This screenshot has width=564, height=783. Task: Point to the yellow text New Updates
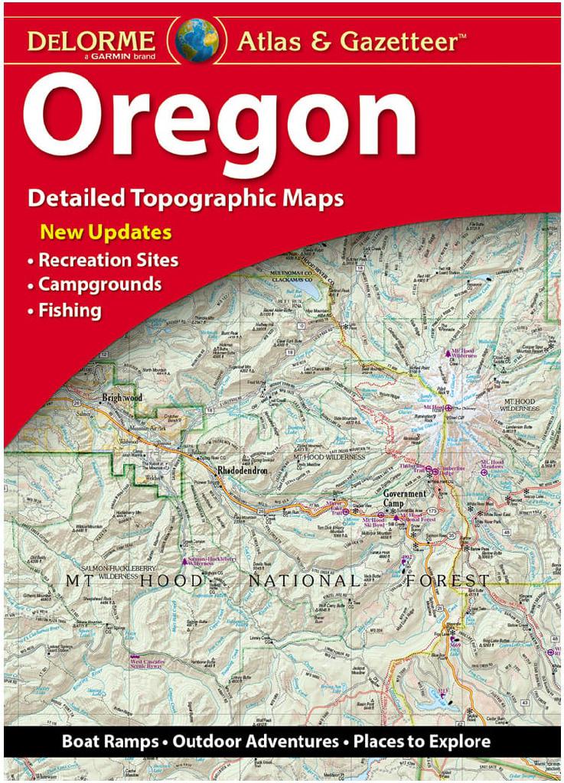click(x=106, y=232)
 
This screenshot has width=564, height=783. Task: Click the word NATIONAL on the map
click(x=303, y=581)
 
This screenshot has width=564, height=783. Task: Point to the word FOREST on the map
click(x=448, y=581)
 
